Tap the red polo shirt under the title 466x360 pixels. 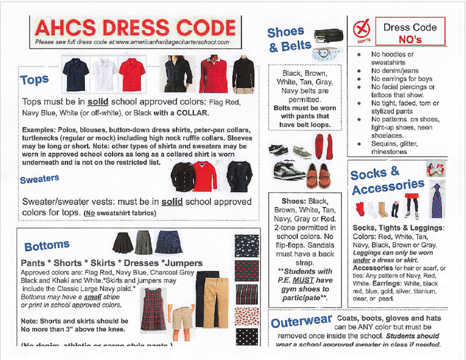130,74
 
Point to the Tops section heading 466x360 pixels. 34,80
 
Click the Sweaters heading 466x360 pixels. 40,179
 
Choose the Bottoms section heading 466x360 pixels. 47,246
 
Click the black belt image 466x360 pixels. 329,36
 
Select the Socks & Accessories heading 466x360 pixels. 387,181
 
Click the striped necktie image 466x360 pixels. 437,201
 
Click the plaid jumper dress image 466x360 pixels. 153,309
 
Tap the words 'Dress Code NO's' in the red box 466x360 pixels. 410,32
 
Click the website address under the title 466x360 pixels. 132,42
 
